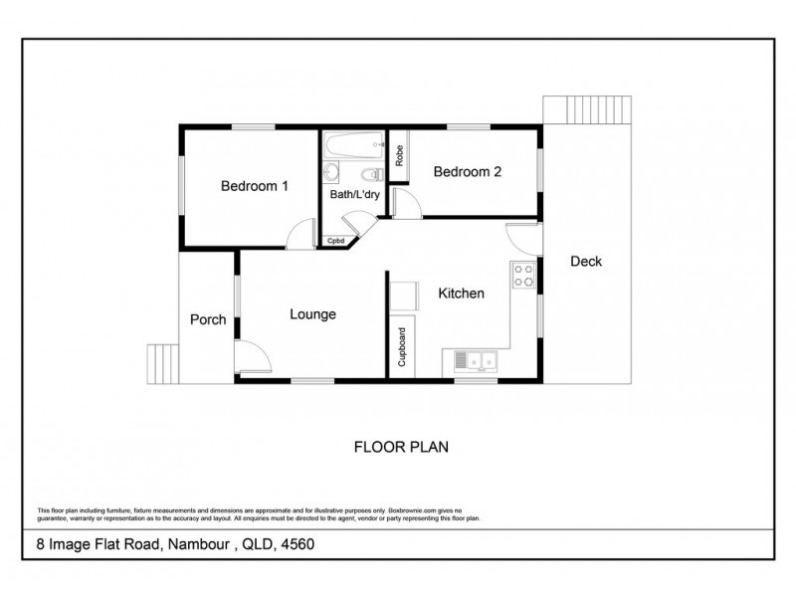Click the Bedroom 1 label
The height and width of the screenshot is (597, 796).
pyautogui.click(x=255, y=186)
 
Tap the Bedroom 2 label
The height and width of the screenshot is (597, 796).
pyautogui.click(x=467, y=172)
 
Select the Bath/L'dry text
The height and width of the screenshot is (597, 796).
pyautogui.click(x=354, y=195)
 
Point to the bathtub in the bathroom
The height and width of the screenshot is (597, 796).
pyautogui.click(x=354, y=145)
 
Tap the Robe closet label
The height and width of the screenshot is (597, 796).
pyautogui.click(x=398, y=156)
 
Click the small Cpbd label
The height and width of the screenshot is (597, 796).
pyautogui.click(x=335, y=241)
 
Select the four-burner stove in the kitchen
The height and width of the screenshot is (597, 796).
pyautogui.click(x=522, y=277)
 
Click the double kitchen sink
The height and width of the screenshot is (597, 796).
pyautogui.click(x=476, y=360)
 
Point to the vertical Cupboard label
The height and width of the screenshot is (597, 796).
pyautogui.click(x=401, y=347)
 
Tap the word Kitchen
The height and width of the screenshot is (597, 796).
pyautogui.click(x=461, y=294)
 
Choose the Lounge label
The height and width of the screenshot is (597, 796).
pyautogui.click(x=312, y=314)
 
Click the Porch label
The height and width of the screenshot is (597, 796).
pyautogui.click(x=208, y=320)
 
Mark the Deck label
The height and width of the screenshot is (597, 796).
pyautogui.click(x=586, y=262)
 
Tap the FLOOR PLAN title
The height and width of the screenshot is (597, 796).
pyautogui.click(x=402, y=447)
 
